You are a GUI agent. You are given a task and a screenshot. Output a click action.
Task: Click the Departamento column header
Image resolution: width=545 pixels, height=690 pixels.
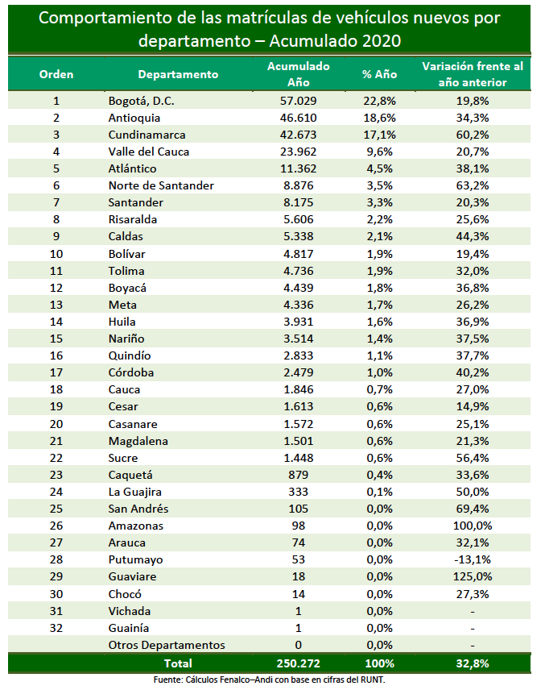point(178,74)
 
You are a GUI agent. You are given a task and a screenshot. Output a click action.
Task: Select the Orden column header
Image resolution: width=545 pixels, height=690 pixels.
point(56,74)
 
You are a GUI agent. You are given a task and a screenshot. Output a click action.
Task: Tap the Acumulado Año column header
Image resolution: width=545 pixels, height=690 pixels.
point(299,74)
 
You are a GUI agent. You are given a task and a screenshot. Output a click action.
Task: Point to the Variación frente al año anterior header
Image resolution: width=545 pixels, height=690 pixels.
point(473,74)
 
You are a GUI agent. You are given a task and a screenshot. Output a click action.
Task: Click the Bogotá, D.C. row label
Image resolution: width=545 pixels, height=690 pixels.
point(141,102)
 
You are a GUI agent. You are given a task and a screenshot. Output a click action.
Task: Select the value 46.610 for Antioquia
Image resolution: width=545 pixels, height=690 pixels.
point(299,118)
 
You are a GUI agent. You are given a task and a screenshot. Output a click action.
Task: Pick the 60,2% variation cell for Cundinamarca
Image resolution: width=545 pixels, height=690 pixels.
point(473,135)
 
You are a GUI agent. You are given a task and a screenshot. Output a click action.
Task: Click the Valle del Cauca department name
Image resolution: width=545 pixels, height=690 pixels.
point(149,152)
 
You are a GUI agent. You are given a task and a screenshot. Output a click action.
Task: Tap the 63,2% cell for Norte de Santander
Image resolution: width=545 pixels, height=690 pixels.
point(473,185)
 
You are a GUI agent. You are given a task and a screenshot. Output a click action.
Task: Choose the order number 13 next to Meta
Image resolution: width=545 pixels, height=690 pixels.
point(56,305)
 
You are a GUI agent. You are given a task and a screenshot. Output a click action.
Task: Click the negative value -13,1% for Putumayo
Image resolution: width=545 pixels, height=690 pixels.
point(473,559)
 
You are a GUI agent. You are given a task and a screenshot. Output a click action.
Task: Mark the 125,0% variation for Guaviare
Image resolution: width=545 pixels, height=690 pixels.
point(473,576)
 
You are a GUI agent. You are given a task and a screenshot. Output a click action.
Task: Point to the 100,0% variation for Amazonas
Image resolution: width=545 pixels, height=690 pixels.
point(473,526)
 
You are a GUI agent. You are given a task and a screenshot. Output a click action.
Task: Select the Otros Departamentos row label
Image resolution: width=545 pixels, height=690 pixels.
point(167,645)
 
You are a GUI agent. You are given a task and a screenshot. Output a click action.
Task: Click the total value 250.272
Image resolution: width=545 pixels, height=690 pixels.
point(299,663)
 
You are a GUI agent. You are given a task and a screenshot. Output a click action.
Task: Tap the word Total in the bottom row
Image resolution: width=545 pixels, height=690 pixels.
point(178,663)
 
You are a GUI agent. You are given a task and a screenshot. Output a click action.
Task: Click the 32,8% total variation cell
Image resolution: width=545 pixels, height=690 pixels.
point(473,663)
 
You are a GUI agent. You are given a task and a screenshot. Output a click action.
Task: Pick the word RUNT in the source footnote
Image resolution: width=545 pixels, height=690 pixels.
point(373,680)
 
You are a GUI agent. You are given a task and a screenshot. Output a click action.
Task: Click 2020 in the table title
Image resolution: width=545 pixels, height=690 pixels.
point(382,41)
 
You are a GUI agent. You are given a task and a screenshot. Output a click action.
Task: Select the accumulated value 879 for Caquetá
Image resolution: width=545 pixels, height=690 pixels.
point(299,476)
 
